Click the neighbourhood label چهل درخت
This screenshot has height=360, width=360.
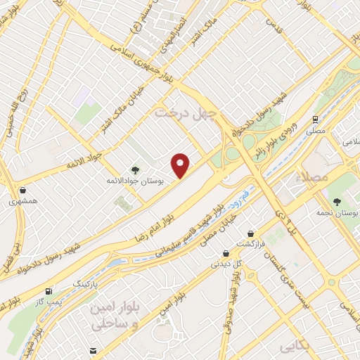point(187,111)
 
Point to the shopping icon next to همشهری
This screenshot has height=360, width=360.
point(23,189)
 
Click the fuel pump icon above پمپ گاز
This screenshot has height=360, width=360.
point(48,291)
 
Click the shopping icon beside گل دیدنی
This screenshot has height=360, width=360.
point(225,254)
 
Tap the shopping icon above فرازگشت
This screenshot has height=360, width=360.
point(250,233)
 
